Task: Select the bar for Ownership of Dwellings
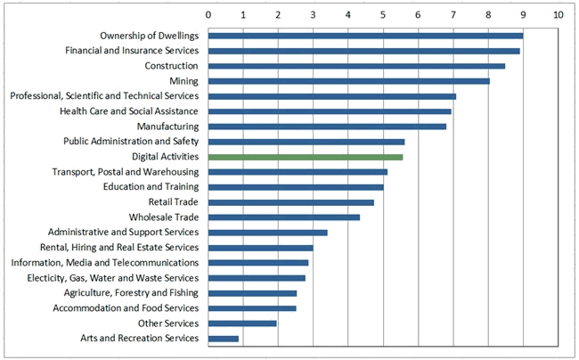[x=365, y=36]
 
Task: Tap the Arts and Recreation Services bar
[x=223, y=339]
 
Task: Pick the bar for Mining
[x=348, y=81]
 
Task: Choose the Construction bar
[x=356, y=66]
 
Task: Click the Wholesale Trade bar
[x=283, y=217]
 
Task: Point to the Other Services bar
[x=242, y=323]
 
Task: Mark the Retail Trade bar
[x=290, y=202]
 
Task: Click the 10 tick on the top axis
[x=558, y=15]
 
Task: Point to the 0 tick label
[x=208, y=15]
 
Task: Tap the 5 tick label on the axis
[x=383, y=15]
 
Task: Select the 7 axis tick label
[x=453, y=15]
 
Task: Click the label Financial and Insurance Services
[x=132, y=51]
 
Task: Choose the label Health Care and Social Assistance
[x=129, y=111]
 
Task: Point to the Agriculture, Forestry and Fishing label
[x=131, y=293]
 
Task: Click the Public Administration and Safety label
[x=131, y=142]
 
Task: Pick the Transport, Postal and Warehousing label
[x=125, y=172]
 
